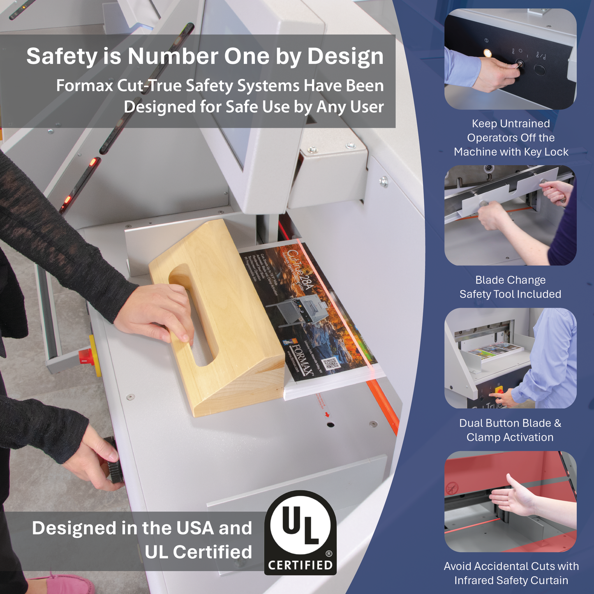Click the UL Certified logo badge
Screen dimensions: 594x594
[x=300, y=532]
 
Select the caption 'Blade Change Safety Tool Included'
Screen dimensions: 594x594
[x=510, y=287]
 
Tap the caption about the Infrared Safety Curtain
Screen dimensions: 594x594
[x=511, y=573]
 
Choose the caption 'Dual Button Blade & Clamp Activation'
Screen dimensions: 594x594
[x=510, y=430]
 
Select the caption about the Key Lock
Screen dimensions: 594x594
[x=511, y=138]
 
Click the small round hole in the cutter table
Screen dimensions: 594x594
[x=331, y=424]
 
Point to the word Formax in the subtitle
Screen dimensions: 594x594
[x=84, y=86]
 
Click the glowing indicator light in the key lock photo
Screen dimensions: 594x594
[x=488, y=53]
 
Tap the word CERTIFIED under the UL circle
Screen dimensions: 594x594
[x=300, y=565]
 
